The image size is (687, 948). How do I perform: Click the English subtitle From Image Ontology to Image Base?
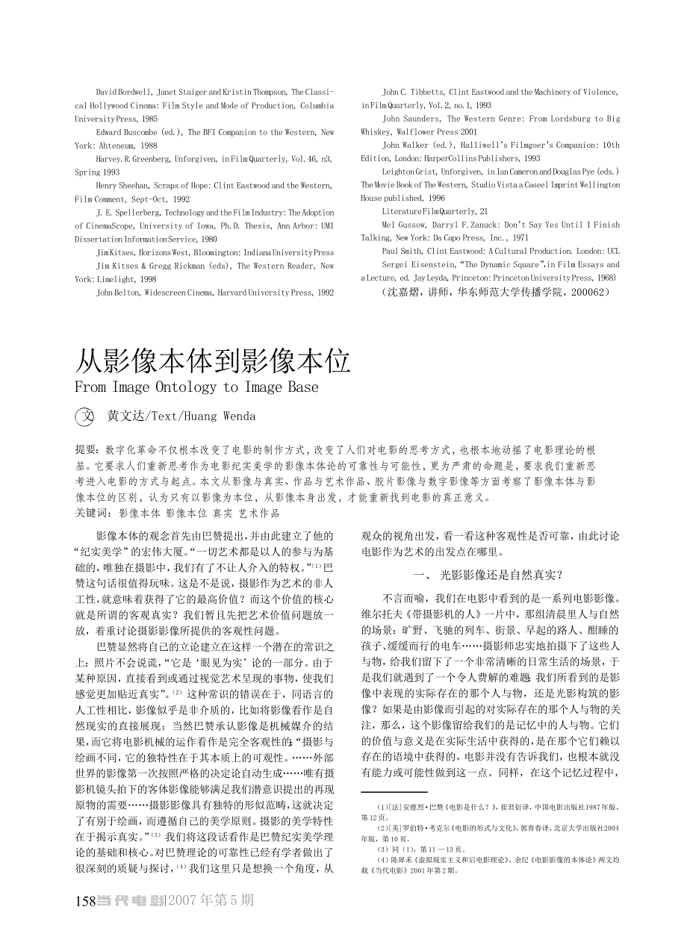coord(196,387)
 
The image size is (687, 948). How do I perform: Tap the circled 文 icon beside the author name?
coord(86,417)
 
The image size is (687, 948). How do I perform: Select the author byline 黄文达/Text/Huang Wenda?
coord(181,417)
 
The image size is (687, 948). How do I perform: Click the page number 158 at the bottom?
coord(86,901)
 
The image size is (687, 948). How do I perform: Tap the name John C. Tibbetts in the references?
coord(412,92)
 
